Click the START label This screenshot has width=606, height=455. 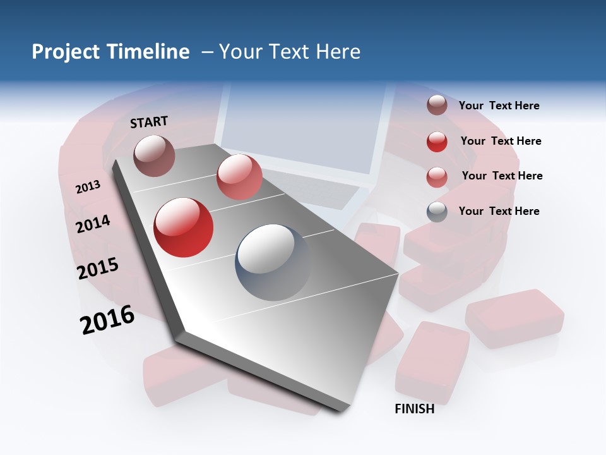149,122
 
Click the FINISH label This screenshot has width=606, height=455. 414,409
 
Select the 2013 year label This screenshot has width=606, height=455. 88,187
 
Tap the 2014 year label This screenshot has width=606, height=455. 93,224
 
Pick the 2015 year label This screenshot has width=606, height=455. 98,269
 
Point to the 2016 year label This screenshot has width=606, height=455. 107,319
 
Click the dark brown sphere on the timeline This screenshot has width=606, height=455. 154,155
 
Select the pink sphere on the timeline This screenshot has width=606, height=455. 239,177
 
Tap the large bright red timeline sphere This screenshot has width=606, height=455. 184,227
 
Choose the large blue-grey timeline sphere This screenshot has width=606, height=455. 273,262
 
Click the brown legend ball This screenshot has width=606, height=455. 437,105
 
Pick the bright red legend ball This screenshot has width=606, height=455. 437,142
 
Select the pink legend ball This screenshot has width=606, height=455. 437,177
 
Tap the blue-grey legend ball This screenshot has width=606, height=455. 437,212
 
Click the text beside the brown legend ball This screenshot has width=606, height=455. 499,106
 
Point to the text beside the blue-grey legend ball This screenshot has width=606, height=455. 499,211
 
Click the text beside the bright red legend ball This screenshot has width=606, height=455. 501,141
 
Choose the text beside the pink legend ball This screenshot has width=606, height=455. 502,176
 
